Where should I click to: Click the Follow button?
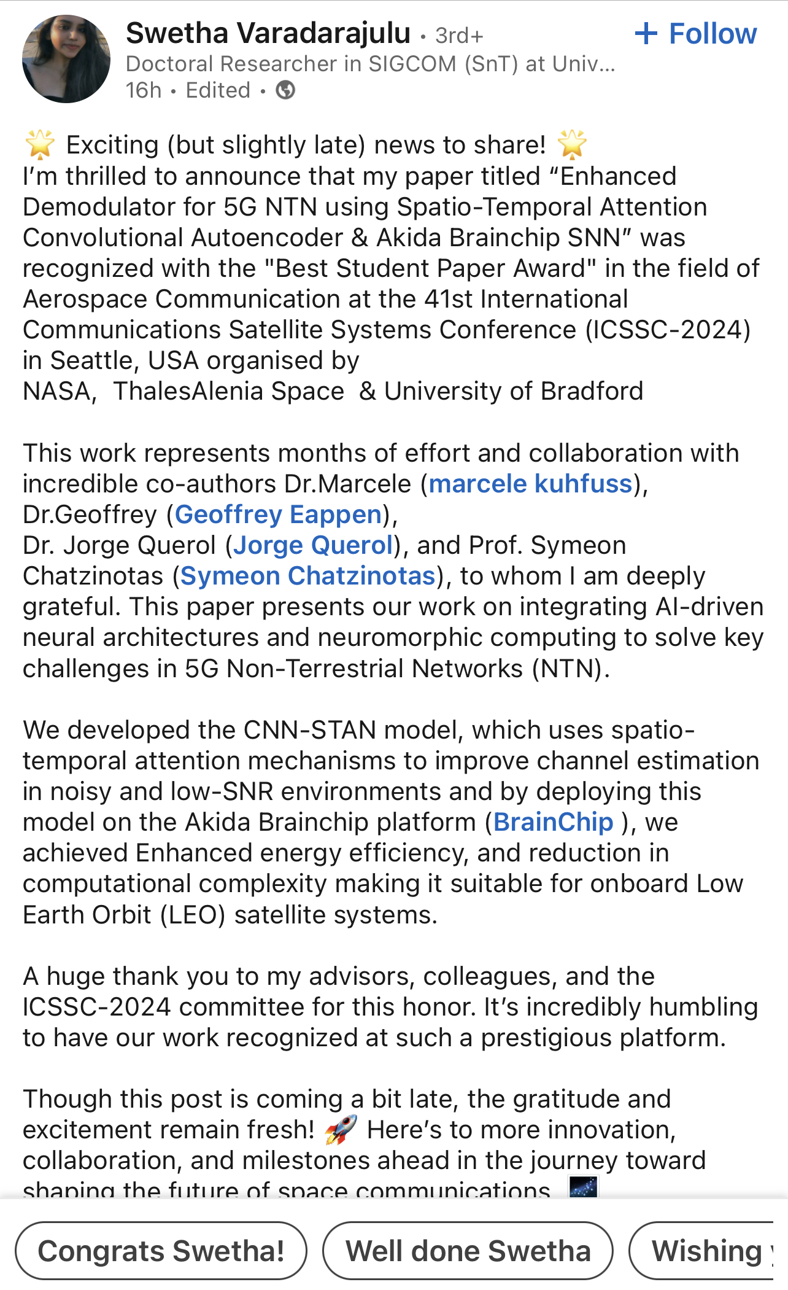696,34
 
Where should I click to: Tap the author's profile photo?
66,59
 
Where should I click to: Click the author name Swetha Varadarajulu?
268,33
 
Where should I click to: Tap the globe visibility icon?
285,90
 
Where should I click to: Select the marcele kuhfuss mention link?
530,484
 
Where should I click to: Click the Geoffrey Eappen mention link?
279,515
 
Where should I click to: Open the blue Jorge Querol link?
313,545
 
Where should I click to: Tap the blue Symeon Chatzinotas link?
308,576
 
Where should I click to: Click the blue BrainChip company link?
554,822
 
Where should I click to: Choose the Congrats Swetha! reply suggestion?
161,1251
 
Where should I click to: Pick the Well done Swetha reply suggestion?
468,1251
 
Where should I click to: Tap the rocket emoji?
341,1130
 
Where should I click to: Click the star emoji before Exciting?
40,145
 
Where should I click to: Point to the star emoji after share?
572,145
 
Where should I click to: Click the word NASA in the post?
58,392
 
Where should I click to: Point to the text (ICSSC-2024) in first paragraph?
668,330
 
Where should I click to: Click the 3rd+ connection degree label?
459,36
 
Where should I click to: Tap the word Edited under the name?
218,90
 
